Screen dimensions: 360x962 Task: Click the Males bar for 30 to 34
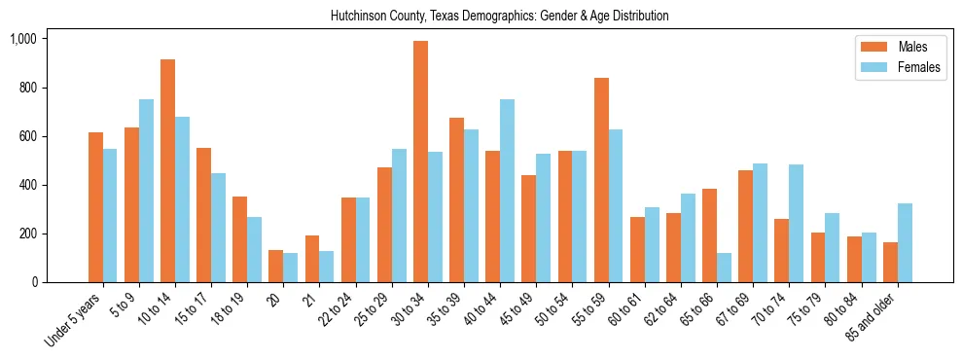pos(420,162)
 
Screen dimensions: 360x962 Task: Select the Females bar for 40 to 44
pos(507,191)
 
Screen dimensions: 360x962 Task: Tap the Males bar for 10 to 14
pos(167,171)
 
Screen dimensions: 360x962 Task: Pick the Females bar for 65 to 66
pos(724,268)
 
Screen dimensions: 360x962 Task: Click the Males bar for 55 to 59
pos(601,180)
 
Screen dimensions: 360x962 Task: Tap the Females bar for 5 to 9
pos(146,191)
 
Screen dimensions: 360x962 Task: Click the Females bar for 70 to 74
pos(796,223)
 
